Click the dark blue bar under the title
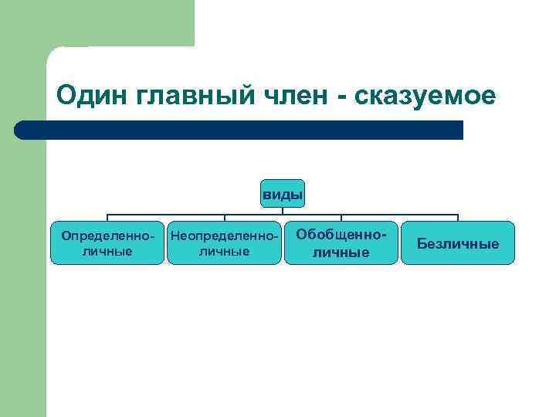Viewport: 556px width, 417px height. tap(239, 130)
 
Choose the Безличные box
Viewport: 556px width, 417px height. tap(457, 243)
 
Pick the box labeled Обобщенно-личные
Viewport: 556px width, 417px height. tap(341, 243)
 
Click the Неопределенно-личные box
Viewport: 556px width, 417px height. tap(224, 243)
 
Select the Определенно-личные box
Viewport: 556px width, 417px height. tap(107, 243)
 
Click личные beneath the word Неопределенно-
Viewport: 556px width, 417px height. tap(224, 252)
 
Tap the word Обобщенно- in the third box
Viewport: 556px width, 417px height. tap(341, 233)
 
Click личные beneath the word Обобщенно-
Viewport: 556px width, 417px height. tap(341, 253)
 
